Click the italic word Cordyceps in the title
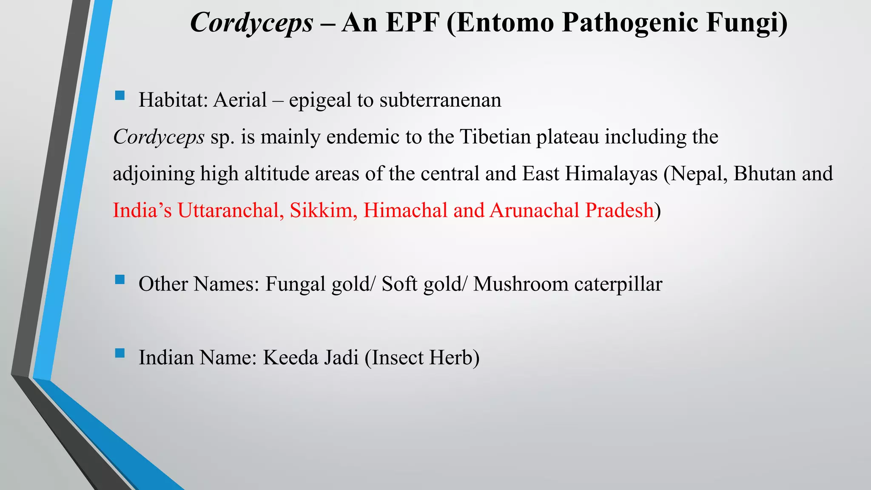tap(251, 23)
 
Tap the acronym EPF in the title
tap(412, 23)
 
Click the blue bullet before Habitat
tap(120, 95)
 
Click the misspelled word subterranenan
tap(440, 100)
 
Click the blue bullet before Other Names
tap(120, 279)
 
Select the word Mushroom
tap(521, 284)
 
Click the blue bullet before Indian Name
tap(120, 353)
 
